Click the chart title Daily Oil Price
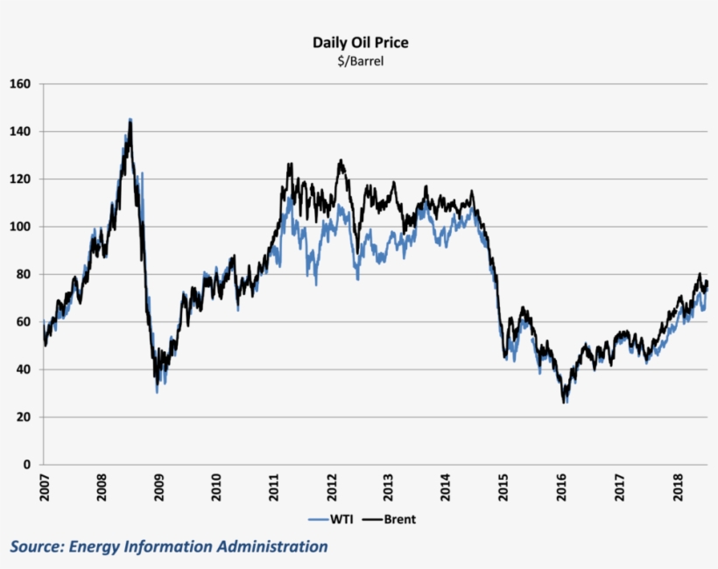point(360,42)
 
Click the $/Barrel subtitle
point(360,61)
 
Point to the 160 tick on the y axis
point(21,84)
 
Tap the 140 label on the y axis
point(21,131)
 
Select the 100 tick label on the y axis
point(21,227)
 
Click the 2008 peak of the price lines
point(130,120)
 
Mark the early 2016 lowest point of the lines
point(565,402)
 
